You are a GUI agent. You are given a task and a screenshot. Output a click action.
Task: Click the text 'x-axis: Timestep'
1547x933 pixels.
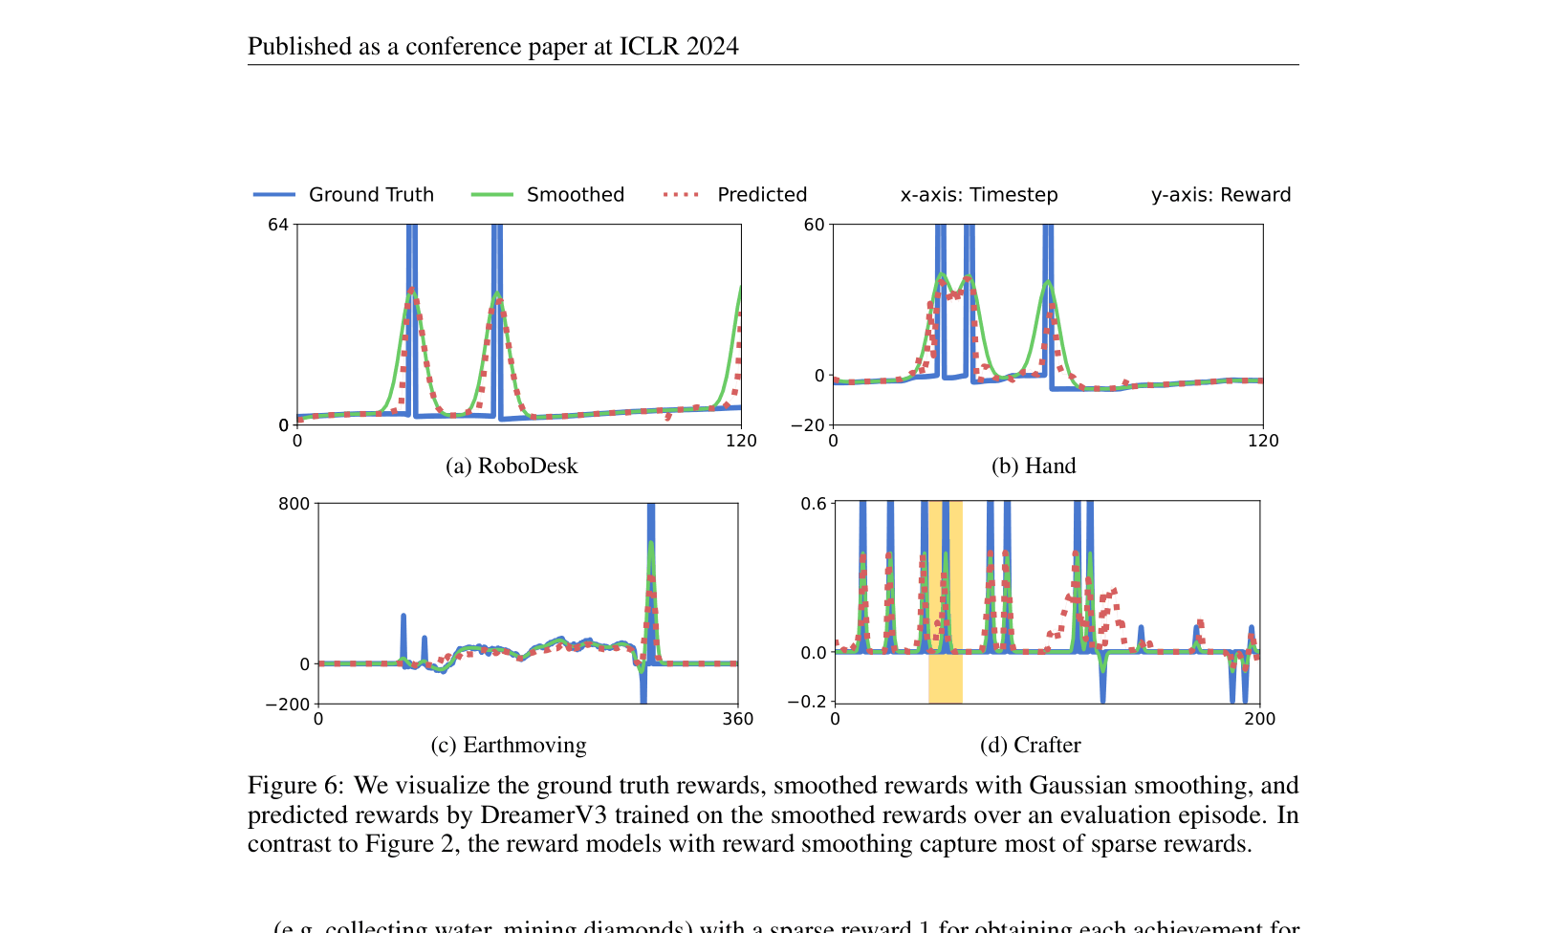[x=979, y=195]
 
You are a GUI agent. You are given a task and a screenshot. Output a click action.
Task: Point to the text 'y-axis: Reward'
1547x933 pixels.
[x=1220, y=195]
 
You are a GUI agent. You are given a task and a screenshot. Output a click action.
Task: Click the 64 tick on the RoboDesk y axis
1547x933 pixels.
[x=277, y=225]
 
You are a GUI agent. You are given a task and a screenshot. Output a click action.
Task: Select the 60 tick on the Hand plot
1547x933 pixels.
[x=814, y=225]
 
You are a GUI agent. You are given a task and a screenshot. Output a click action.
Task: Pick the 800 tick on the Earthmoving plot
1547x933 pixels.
[x=294, y=504]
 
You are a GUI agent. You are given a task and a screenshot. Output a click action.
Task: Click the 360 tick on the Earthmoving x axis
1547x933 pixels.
[x=738, y=719]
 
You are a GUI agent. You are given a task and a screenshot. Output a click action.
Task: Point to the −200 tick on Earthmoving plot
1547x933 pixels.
[x=287, y=705]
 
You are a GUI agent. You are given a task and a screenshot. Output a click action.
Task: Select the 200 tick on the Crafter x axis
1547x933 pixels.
[x=1259, y=719]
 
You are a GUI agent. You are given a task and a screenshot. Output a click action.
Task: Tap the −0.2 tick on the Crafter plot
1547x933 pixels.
[x=806, y=702]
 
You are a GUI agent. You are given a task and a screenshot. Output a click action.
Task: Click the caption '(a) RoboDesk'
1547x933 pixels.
[x=512, y=466]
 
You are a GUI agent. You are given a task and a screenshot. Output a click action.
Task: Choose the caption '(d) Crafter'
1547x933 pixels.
[x=1031, y=746]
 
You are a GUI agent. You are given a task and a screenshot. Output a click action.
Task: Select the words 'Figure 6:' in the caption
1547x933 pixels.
[x=294, y=786]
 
